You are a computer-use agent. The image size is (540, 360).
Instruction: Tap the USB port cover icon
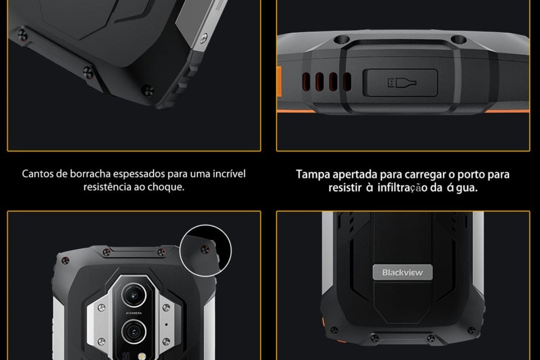pyautogui.click(x=401, y=83)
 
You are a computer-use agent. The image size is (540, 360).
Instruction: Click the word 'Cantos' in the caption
pyautogui.click(x=37, y=174)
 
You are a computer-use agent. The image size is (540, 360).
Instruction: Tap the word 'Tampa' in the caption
pyautogui.click(x=312, y=174)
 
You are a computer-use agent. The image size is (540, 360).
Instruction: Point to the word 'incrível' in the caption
pyautogui.click(x=229, y=174)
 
